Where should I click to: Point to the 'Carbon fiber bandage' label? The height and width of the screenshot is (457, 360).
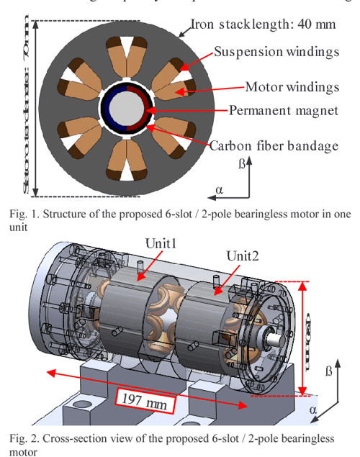pos(274,145)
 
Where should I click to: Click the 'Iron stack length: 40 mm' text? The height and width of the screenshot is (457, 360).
pos(263,24)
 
